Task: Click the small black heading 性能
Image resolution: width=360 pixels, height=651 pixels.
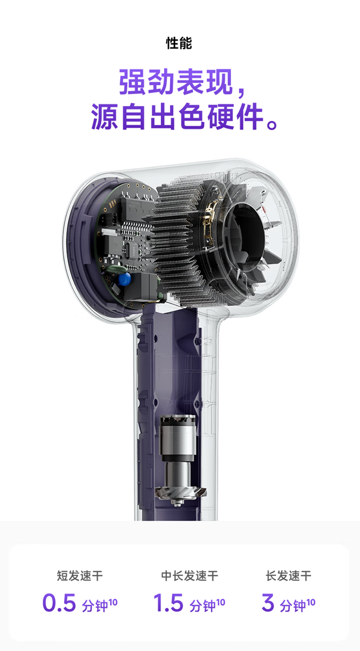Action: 179,43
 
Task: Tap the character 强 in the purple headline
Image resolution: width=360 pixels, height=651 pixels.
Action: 132,82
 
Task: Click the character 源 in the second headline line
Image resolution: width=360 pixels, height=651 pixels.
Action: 105,117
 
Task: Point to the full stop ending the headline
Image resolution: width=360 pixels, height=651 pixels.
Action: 272,124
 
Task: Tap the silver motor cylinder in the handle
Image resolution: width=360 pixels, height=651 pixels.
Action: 177,438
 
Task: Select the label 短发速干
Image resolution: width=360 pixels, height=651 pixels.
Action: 80,576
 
